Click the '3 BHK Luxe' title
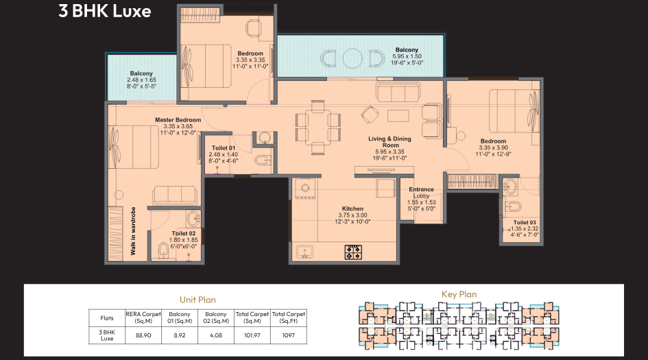click(x=105, y=12)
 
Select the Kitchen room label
click(x=353, y=209)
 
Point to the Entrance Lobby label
click(x=422, y=189)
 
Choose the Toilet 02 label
click(x=184, y=233)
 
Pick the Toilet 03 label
click(x=525, y=223)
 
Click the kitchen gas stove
click(x=353, y=252)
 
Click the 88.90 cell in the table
click(x=143, y=335)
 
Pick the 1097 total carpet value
click(x=289, y=335)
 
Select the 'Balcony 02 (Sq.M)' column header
click(x=216, y=317)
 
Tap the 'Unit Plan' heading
click(x=198, y=299)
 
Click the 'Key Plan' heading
click(x=459, y=295)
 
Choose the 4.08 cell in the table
click(x=216, y=335)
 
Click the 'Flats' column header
click(x=107, y=317)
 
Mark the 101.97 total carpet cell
click(x=252, y=335)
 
